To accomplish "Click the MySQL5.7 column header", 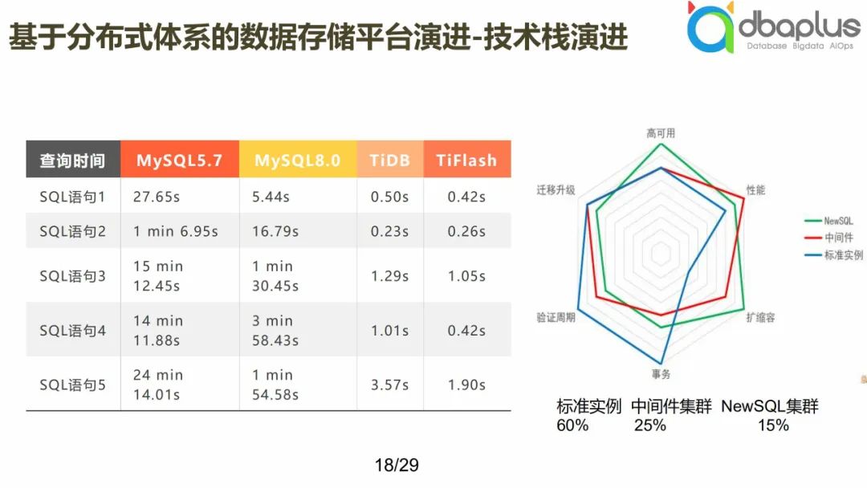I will [x=179, y=161].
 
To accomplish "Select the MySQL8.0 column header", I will [x=298, y=161].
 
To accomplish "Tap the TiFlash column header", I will [x=466, y=161].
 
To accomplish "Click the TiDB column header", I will [x=390, y=161].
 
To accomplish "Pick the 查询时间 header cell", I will [x=72, y=161].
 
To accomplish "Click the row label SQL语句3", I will [x=72, y=276].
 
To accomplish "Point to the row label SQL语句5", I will [x=72, y=385].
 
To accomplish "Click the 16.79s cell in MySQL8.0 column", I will [x=275, y=232].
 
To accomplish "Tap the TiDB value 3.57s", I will [x=389, y=385].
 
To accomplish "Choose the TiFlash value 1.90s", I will [x=466, y=385].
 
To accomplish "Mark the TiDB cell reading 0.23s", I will [x=389, y=232].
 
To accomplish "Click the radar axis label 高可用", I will [x=661, y=133].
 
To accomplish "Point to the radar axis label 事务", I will [x=661, y=374].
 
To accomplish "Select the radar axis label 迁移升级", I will [x=556, y=190].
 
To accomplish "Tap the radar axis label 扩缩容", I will [x=760, y=318].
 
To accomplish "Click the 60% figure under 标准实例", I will [x=572, y=425].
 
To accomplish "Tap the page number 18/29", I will [x=397, y=465].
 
